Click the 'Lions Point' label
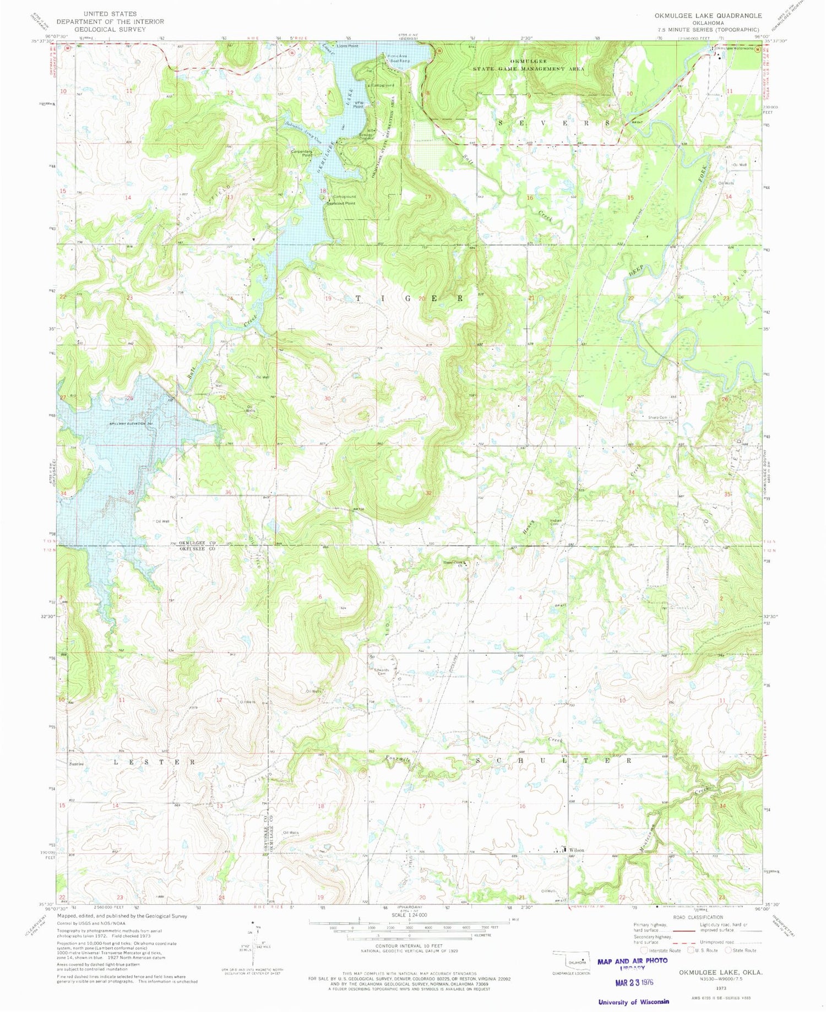[347, 46]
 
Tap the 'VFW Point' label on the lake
[358, 105]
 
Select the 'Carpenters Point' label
[302, 153]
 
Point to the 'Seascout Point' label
[341, 203]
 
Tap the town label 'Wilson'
[577, 850]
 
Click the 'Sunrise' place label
[77, 764]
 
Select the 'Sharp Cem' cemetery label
[657, 418]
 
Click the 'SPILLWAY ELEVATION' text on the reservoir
[131, 423]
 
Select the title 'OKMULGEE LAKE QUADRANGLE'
[708, 15]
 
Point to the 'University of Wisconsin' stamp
[633, 1002]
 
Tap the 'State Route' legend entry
[740, 950]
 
